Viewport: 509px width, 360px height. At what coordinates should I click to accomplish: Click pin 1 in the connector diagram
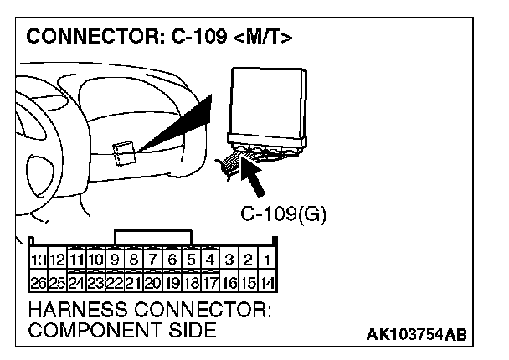[x=266, y=261]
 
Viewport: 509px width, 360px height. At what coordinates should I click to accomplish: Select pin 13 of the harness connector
[x=37, y=261]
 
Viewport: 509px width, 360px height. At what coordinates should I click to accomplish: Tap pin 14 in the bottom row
[x=266, y=283]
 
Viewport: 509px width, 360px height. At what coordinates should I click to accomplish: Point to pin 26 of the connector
[x=37, y=283]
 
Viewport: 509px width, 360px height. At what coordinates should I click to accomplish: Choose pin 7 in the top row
[x=153, y=261]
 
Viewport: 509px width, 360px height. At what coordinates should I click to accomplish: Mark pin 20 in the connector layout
[x=153, y=283]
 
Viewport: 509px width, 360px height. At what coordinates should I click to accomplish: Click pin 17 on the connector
[x=211, y=283]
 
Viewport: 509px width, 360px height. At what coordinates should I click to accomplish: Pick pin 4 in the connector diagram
[x=211, y=261]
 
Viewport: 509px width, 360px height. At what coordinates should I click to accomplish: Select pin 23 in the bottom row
[x=95, y=283]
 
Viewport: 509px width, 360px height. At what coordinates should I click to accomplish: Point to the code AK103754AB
[x=417, y=335]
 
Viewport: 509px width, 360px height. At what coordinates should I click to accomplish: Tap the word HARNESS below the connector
[x=72, y=310]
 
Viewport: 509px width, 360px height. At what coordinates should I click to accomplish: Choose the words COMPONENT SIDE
[x=121, y=331]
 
